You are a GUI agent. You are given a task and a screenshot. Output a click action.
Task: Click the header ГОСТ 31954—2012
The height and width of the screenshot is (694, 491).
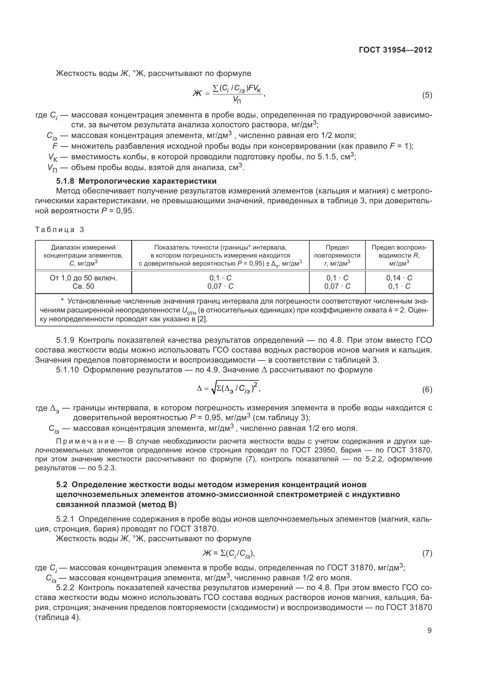point(395,50)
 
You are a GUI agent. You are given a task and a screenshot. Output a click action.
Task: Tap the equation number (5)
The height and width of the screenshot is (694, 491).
point(427,96)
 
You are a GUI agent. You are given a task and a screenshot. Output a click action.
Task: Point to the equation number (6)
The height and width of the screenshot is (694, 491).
point(427,390)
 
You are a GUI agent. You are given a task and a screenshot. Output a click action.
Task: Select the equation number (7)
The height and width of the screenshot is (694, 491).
point(427,553)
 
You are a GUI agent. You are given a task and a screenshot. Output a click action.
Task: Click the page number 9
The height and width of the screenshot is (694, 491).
point(429,631)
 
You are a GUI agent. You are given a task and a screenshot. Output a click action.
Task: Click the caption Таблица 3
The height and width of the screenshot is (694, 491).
point(60,230)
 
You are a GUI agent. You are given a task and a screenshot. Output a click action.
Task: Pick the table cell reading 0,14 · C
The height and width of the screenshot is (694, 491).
point(399,278)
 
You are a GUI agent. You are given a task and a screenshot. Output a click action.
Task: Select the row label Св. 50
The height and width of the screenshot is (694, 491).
point(83,286)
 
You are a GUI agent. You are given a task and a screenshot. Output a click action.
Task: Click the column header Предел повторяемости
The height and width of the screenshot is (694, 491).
point(337,252)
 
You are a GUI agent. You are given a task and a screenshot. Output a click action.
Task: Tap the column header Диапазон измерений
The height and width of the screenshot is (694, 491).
point(83,247)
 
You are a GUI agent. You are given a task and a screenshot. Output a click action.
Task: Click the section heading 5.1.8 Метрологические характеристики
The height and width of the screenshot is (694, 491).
point(136,181)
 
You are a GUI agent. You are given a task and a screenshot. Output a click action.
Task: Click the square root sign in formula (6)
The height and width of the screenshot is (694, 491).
point(213,389)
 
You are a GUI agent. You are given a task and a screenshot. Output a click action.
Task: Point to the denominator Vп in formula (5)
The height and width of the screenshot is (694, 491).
point(237,100)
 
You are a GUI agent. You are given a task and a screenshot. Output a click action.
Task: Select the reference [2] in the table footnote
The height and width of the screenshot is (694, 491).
point(202,319)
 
